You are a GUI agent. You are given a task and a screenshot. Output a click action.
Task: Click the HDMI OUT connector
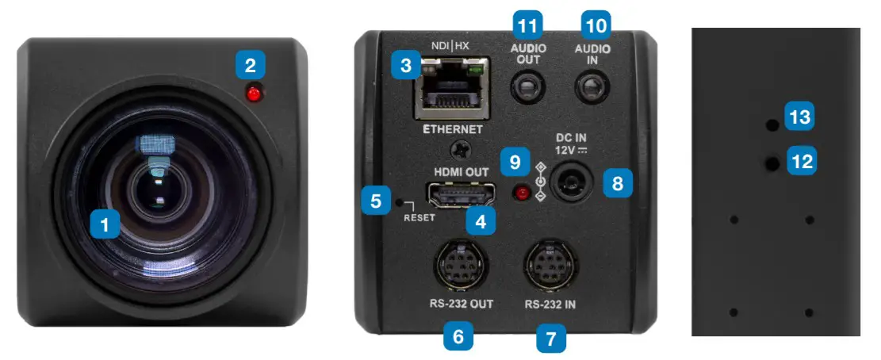coord(461,192)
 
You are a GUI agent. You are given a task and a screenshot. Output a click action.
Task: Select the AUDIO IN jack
coord(593,86)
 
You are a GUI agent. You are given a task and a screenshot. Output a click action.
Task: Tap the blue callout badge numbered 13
coord(799,117)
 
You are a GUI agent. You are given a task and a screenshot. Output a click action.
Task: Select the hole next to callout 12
coord(771,163)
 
